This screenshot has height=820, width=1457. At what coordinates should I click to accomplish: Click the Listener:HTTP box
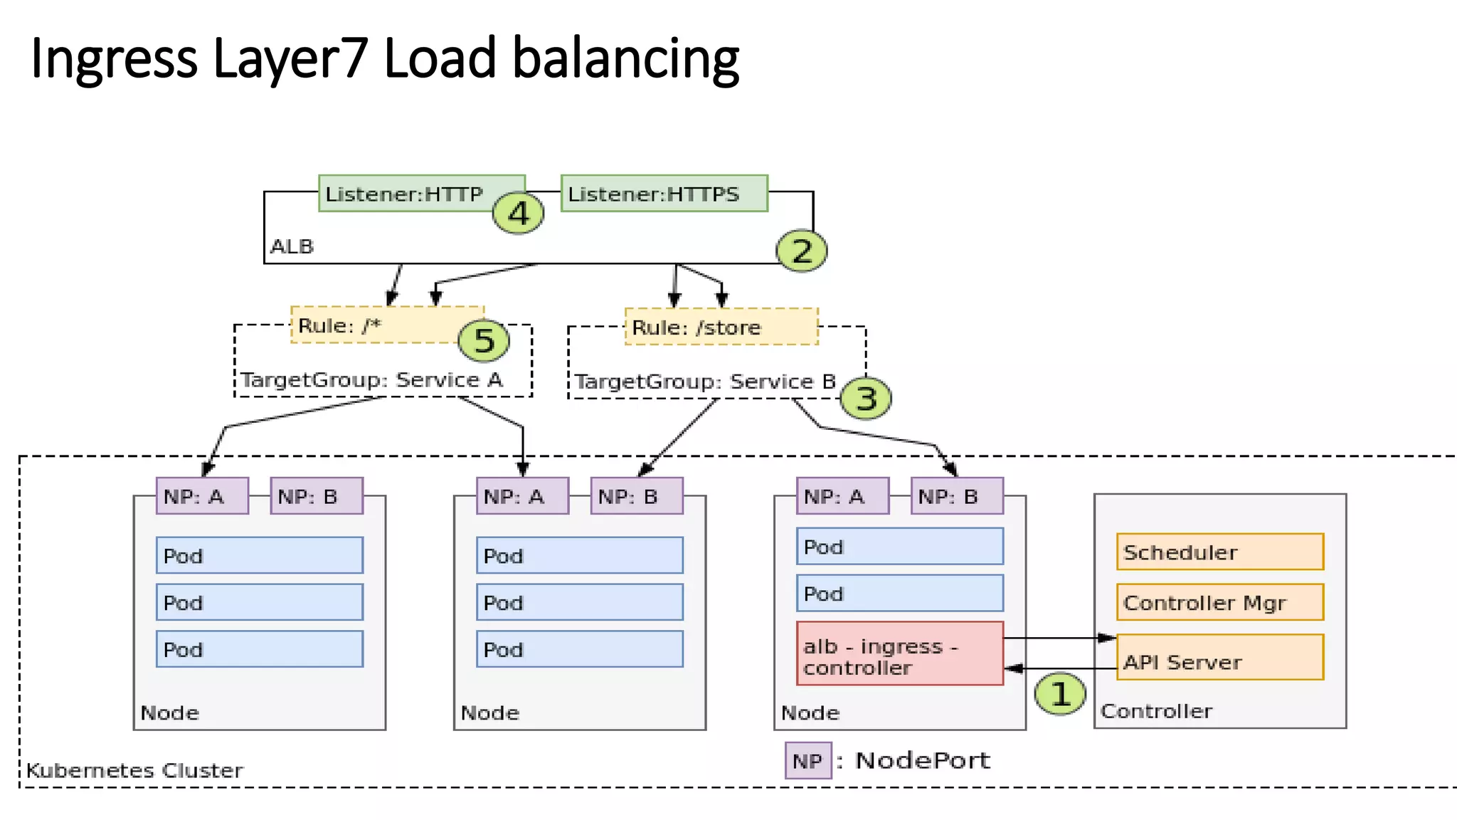click(x=406, y=193)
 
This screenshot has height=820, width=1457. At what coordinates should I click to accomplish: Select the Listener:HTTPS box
click(x=664, y=193)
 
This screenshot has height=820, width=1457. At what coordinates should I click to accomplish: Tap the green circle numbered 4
click(x=519, y=213)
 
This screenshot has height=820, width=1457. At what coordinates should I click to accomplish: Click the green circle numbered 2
click(x=802, y=251)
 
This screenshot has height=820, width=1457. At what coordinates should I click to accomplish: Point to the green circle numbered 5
click(x=484, y=340)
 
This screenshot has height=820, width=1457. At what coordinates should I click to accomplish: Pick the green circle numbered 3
click(x=866, y=398)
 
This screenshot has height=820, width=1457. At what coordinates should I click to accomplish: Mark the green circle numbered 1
click(x=1060, y=693)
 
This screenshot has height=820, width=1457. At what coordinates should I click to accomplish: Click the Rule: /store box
click(x=721, y=327)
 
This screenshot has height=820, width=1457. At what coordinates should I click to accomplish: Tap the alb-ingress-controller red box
click(x=899, y=653)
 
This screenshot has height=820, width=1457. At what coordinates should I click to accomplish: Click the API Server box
click(x=1219, y=658)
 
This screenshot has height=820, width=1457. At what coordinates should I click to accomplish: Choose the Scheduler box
click(x=1219, y=552)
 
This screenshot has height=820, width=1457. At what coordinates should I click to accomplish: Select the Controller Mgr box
click(x=1219, y=602)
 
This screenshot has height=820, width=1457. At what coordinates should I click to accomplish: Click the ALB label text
click(x=292, y=246)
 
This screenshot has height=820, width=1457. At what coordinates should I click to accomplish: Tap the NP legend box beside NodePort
click(x=808, y=760)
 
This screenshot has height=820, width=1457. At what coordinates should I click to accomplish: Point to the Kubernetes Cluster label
click(x=134, y=770)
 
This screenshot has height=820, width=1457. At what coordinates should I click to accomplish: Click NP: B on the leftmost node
click(x=317, y=496)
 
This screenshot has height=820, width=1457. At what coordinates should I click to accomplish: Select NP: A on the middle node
click(x=522, y=496)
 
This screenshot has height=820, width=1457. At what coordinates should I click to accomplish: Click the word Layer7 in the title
click(x=290, y=58)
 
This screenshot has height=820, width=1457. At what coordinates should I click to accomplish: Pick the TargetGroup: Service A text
click(x=372, y=380)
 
